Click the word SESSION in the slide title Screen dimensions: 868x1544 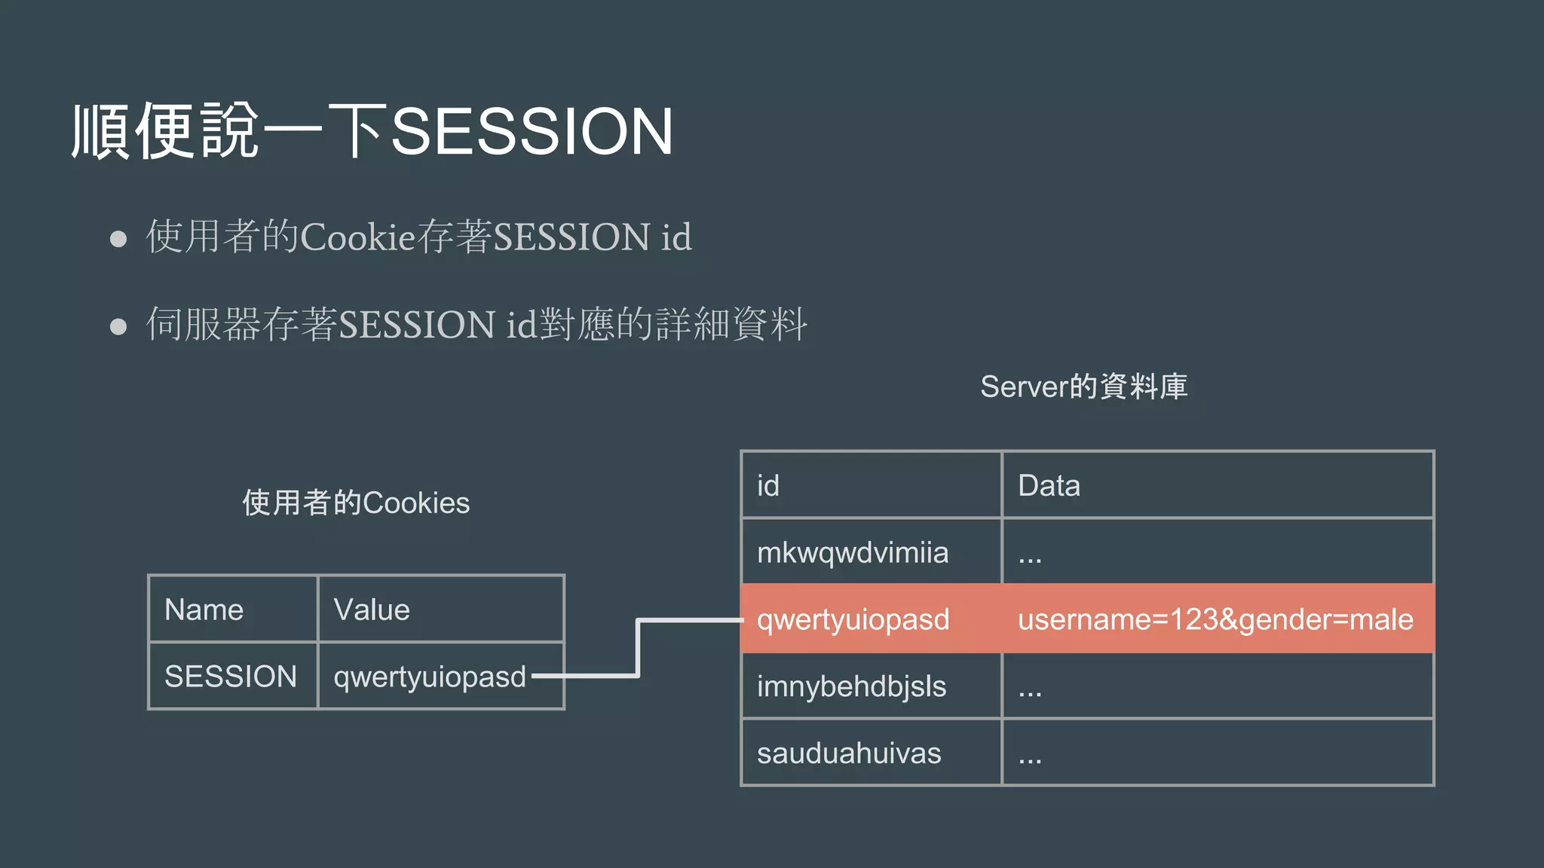(532, 132)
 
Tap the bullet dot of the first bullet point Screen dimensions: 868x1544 (118, 239)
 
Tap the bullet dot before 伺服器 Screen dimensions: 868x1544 (118, 326)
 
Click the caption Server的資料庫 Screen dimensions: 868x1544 (1083, 387)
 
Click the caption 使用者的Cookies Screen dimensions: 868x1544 (356, 503)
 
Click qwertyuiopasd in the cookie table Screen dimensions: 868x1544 (430, 677)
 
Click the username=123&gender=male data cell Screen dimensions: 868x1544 (1215, 619)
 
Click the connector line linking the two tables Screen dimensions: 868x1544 (638, 648)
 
